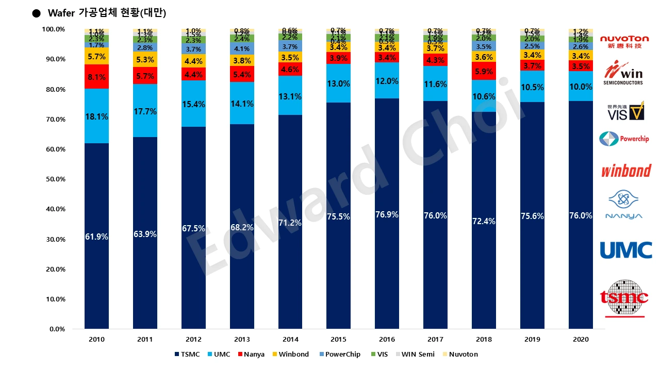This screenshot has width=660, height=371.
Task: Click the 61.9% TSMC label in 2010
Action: (x=97, y=237)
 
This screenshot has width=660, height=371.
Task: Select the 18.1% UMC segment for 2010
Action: (x=97, y=117)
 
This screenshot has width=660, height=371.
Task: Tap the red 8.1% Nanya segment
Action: (x=97, y=77)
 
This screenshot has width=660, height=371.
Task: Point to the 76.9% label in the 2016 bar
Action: (x=387, y=214)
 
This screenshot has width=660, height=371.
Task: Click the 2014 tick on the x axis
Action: (x=290, y=340)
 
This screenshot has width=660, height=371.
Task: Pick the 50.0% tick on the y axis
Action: (x=53, y=179)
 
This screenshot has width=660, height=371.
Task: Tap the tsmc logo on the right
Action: (x=624, y=298)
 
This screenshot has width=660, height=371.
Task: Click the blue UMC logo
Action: (x=625, y=250)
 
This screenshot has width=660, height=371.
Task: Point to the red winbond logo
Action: (x=625, y=171)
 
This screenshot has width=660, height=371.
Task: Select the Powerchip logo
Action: (x=624, y=139)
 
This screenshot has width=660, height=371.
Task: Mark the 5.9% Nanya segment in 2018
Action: (x=484, y=72)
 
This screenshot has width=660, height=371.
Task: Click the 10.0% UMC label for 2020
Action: (x=581, y=87)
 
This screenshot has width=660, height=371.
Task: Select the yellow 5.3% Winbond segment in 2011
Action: (x=145, y=59)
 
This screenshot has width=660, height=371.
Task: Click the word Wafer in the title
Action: (x=61, y=13)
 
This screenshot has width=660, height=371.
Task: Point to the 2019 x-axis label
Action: (x=532, y=340)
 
